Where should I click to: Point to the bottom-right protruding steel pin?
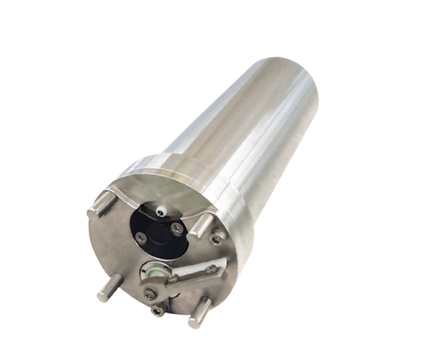[199, 312]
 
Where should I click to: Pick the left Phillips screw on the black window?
[141, 237]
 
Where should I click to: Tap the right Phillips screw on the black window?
[176, 229]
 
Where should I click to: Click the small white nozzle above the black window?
[162, 209]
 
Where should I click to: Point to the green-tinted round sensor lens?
[155, 273]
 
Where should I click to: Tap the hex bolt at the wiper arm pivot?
[154, 295]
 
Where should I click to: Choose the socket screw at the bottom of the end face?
[157, 310]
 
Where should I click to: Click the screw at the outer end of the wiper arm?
[211, 269]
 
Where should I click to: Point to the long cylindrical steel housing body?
[246, 126]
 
